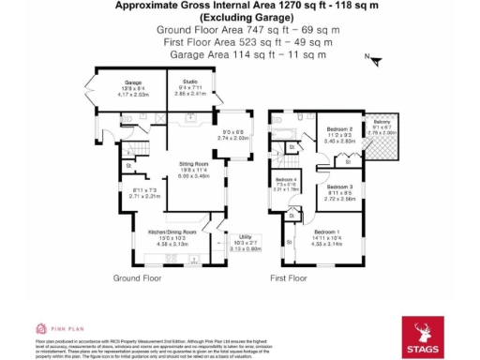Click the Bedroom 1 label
[x=327, y=232]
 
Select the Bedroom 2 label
[x=339, y=128]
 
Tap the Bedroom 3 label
[x=339, y=187]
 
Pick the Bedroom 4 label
[x=286, y=180]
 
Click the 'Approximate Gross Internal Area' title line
[x=239, y=6]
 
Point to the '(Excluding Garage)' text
[x=239, y=18]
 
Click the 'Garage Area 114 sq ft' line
[x=239, y=55]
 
